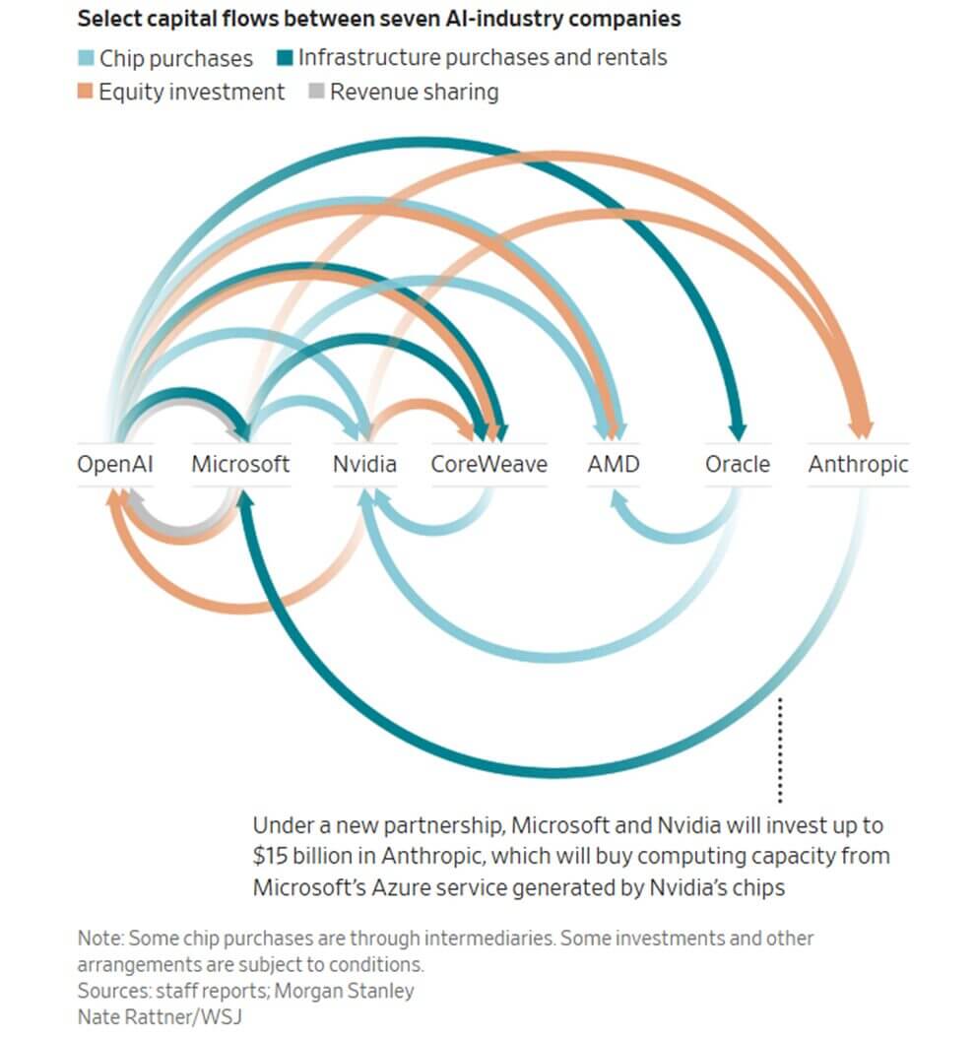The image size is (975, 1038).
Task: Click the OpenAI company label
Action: pyautogui.click(x=115, y=464)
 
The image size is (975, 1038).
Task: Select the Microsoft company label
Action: pyautogui.click(x=241, y=464)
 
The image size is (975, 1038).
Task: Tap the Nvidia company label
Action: pyautogui.click(x=364, y=464)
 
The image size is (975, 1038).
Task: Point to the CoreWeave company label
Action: pyautogui.click(x=488, y=464)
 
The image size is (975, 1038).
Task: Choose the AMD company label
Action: pyautogui.click(x=613, y=464)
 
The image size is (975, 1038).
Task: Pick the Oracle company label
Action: pyautogui.click(x=737, y=464)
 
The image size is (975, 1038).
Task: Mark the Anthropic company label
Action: pyautogui.click(x=858, y=464)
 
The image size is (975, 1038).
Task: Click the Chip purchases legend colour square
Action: pyautogui.click(x=86, y=59)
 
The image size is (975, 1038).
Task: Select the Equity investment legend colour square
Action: pyautogui.click(x=86, y=93)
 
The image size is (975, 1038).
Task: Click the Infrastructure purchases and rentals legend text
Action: pyautogui.click(x=483, y=58)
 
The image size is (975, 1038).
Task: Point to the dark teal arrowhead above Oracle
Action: pyautogui.click(x=737, y=429)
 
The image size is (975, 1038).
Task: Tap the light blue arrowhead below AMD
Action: pyautogui.click(x=617, y=499)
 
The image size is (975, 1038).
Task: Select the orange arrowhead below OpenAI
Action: pyautogui.click(x=116, y=496)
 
